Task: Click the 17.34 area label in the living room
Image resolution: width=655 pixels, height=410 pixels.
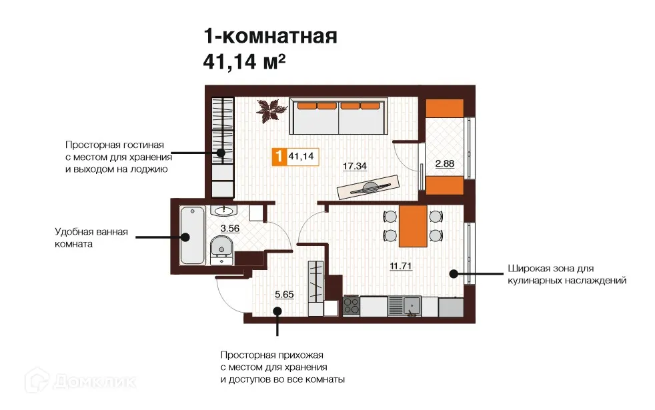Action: (356, 165)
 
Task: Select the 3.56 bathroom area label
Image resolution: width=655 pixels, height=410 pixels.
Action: (229, 229)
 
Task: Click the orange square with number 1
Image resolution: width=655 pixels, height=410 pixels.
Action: (277, 157)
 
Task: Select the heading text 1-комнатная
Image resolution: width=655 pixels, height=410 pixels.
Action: (270, 36)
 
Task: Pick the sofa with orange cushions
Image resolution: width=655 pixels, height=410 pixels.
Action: (338, 117)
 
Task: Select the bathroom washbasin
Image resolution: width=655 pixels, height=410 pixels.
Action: (223, 211)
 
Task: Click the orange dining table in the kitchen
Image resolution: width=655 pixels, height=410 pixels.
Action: (412, 225)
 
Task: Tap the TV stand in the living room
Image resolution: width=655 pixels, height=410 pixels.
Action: (368, 186)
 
